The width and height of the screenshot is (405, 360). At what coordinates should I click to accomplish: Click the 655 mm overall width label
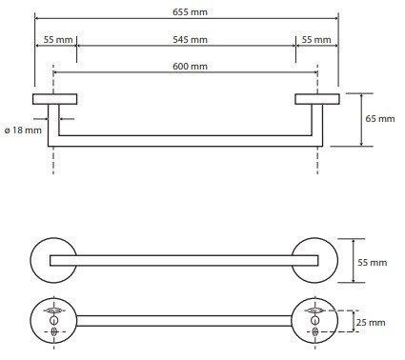pos(190,12)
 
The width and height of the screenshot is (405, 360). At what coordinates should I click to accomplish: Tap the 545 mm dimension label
pos(190,40)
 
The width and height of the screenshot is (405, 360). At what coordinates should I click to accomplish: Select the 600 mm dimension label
pos(190,67)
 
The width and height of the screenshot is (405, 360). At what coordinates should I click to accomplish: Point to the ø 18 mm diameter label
pos(23,130)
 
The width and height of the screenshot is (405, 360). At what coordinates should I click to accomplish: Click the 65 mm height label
pos(380,119)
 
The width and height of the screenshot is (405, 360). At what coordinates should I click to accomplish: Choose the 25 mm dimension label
pos(371,323)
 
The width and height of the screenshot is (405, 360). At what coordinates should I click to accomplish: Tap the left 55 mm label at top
pos(58,40)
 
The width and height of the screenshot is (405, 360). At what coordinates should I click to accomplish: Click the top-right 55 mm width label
pos(316,40)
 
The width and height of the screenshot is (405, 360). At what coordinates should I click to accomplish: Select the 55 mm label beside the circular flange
pos(373,263)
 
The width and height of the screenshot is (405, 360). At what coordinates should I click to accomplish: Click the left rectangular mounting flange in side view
pos(54,99)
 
